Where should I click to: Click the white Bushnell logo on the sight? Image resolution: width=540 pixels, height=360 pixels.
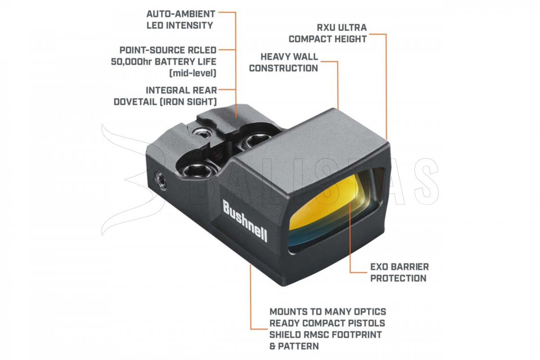[245, 221]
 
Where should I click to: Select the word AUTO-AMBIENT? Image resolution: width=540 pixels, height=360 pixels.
[181, 14]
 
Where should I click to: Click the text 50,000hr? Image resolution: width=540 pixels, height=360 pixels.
[131, 62]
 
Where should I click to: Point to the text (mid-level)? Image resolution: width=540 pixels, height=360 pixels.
[193, 73]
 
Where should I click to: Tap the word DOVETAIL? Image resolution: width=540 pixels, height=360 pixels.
[135, 102]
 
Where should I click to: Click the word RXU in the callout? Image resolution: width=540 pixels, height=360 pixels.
[326, 27]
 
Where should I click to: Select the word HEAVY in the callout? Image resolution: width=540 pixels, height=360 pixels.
[276, 57]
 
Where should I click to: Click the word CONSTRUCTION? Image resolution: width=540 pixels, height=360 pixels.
[283, 68]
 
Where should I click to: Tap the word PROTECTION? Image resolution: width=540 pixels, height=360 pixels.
[398, 278]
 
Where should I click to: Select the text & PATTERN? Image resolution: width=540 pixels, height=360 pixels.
[294, 346]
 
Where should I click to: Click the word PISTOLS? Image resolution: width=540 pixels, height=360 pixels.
[364, 323]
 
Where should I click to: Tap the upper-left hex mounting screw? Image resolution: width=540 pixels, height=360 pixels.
[202, 132]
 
